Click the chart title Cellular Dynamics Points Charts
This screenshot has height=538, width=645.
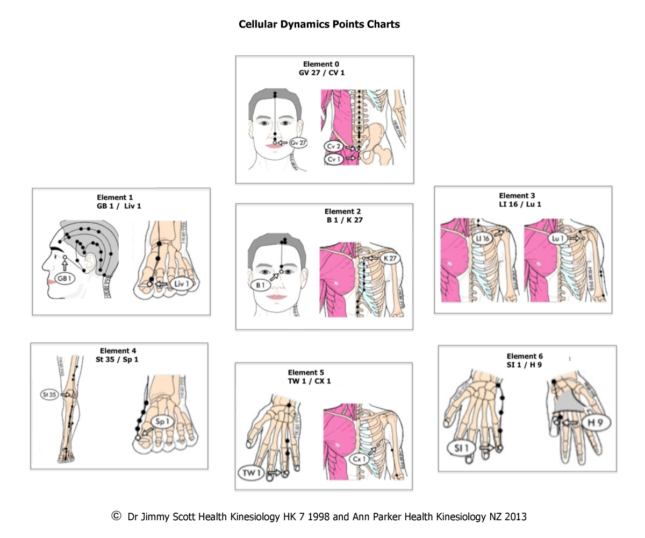pyautogui.click(x=319, y=24)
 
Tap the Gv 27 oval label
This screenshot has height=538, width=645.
pyautogui.click(x=298, y=143)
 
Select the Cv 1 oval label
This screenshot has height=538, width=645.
pyautogui.click(x=333, y=159)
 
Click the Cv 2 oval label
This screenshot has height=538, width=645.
pyautogui.click(x=333, y=146)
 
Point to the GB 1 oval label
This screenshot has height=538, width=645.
pyautogui.click(x=64, y=279)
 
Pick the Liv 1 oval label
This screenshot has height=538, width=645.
pyautogui.click(x=181, y=284)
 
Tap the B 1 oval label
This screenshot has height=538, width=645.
pyautogui.click(x=261, y=285)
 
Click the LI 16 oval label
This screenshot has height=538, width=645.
pyautogui.click(x=482, y=238)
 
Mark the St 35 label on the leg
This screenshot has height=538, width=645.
pyautogui.click(x=49, y=395)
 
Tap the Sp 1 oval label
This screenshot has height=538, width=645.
pyautogui.click(x=162, y=422)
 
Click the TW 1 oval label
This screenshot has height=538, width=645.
pyautogui.click(x=252, y=473)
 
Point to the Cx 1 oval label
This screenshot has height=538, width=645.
pyautogui.click(x=359, y=459)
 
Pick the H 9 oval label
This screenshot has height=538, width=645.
pyautogui.click(x=594, y=423)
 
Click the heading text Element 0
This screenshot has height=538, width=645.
pyautogui.click(x=321, y=64)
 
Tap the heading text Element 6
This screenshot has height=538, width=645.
pyautogui.click(x=525, y=356)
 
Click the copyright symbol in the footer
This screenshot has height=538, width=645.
pyautogui.click(x=116, y=516)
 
